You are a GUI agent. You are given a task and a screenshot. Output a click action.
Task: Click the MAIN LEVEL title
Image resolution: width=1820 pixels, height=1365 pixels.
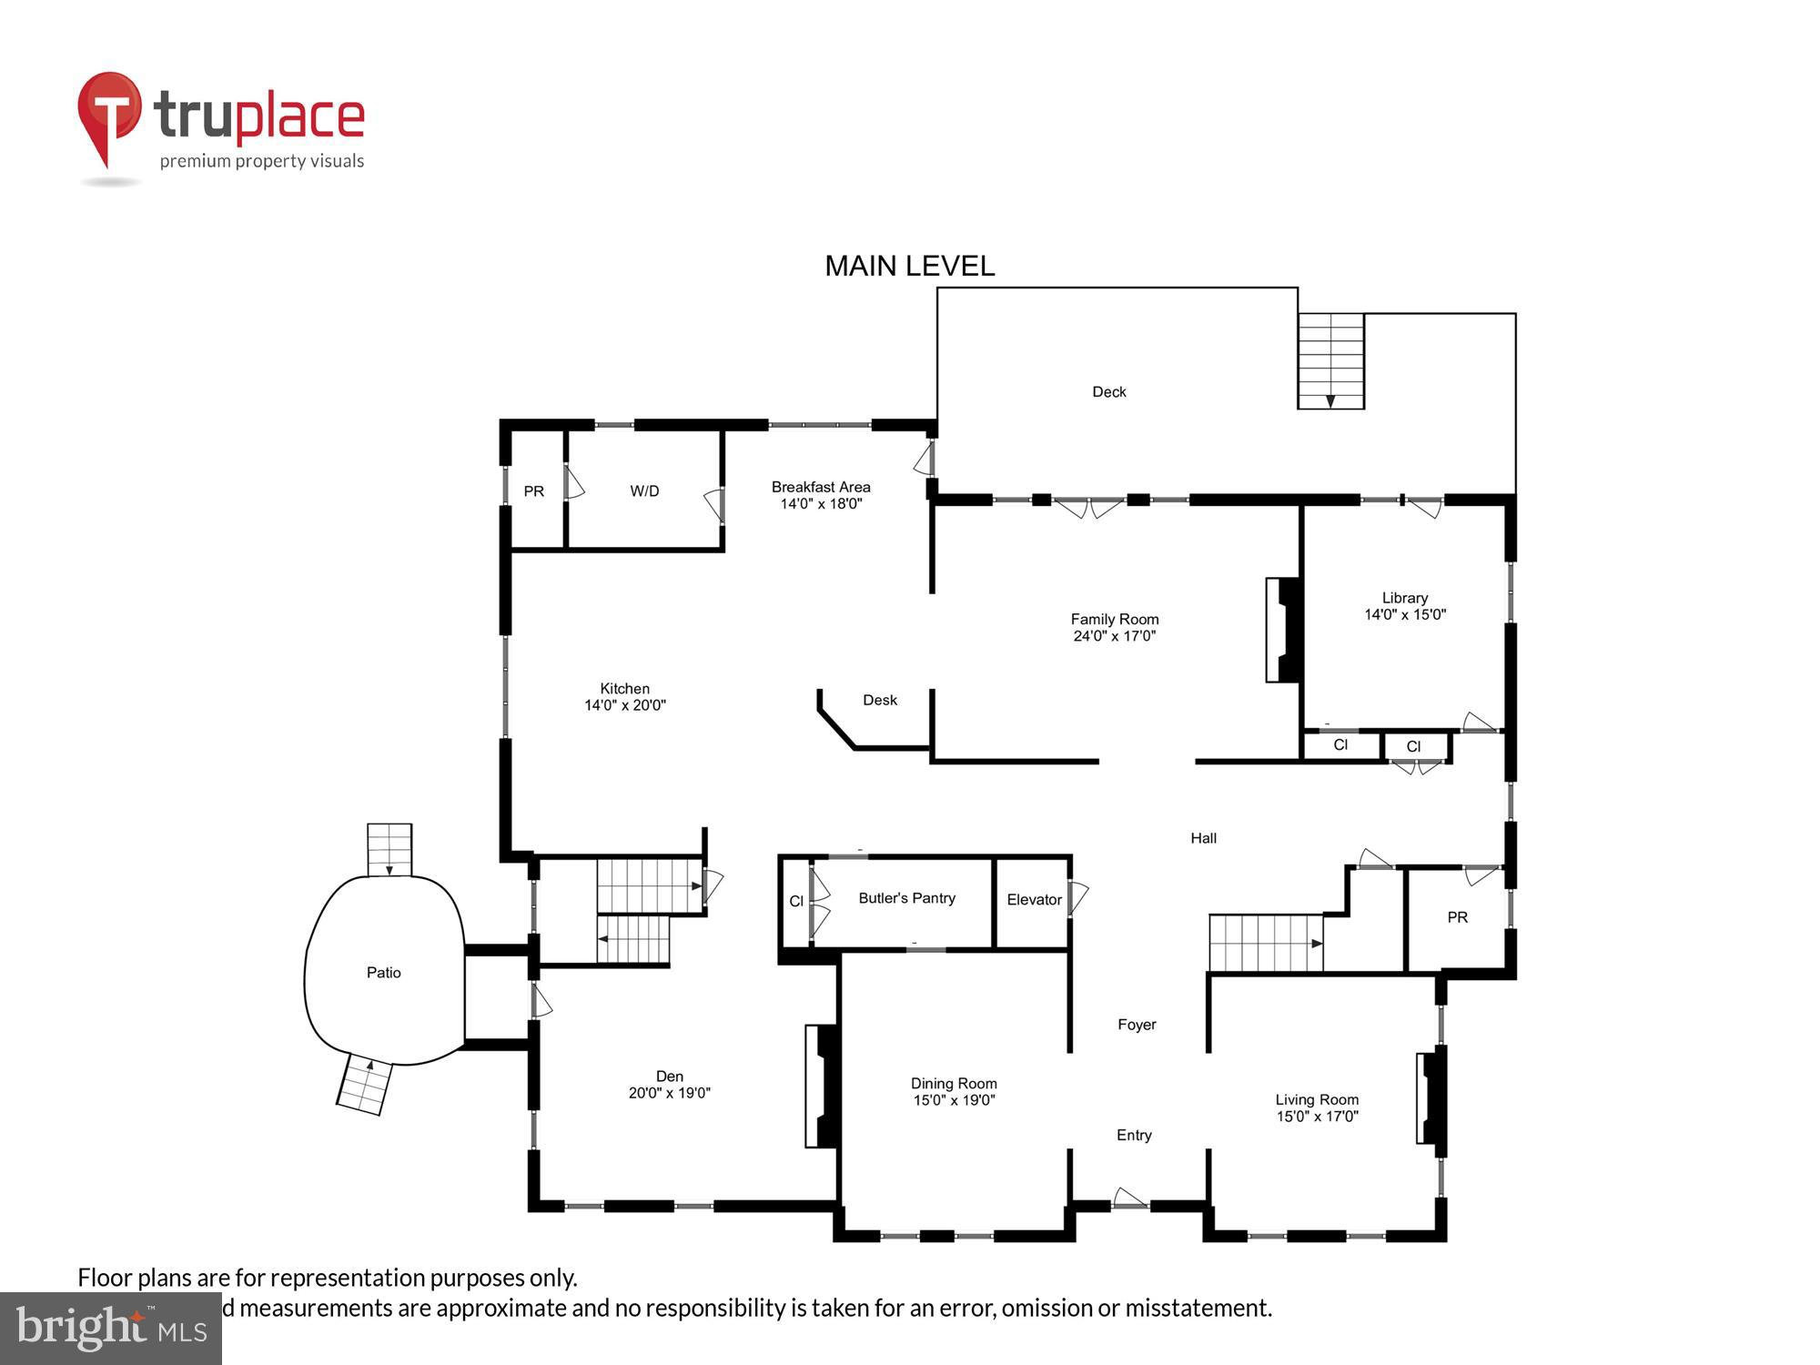(x=909, y=266)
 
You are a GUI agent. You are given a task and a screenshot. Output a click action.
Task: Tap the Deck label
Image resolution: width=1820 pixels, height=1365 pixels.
(x=1108, y=392)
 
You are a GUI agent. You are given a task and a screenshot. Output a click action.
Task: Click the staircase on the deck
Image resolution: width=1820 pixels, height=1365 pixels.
(x=1330, y=360)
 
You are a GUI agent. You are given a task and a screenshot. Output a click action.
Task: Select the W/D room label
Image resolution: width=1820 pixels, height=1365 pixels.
(x=644, y=491)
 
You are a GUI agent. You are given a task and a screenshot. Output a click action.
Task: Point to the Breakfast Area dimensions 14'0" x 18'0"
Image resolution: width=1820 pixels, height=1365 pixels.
(x=821, y=504)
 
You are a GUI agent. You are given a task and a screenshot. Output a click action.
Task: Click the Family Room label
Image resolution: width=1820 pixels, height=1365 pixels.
(x=1114, y=620)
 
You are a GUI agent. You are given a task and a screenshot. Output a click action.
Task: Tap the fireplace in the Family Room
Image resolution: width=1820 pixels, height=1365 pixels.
(x=1283, y=630)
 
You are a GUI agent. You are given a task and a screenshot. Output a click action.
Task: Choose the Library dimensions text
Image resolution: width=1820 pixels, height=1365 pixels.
(x=1404, y=615)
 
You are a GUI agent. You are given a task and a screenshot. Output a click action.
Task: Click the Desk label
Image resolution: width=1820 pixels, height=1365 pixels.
(x=879, y=700)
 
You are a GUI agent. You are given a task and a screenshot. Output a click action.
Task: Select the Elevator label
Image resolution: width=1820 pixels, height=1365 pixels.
(x=1034, y=900)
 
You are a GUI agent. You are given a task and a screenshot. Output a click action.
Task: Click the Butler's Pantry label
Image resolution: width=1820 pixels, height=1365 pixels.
(x=906, y=898)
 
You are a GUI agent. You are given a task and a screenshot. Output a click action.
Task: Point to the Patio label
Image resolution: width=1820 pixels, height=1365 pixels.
(x=383, y=973)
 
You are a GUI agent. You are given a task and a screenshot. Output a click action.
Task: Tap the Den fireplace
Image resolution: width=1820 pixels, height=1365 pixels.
(x=821, y=1086)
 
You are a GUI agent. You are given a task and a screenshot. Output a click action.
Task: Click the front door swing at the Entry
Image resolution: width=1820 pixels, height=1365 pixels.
(x=1129, y=1198)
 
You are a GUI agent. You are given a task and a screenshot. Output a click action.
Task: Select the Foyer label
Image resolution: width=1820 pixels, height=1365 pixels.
(x=1137, y=1025)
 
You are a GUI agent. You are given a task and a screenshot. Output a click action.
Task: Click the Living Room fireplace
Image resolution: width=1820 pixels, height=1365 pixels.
(x=1431, y=1097)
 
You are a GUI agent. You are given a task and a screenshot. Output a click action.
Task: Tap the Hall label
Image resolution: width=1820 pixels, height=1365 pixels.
(x=1203, y=838)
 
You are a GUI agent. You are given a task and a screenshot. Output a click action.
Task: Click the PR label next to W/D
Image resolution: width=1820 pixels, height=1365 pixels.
(x=533, y=491)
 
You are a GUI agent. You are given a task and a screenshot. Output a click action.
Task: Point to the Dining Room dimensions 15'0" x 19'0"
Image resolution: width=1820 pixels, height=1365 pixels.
(x=954, y=1100)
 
